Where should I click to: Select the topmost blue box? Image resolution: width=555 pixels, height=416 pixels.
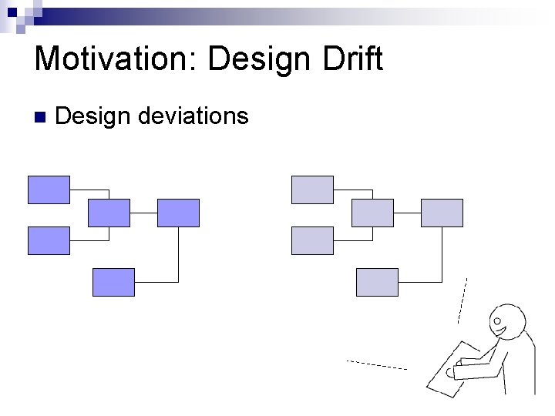coord(49,190)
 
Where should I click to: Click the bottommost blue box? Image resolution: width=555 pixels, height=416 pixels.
coord(113,282)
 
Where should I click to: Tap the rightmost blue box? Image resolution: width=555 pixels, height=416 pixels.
coord(178,213)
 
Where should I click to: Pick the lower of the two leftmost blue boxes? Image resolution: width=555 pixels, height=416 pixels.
coord(49,240)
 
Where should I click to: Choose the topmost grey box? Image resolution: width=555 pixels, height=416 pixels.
coord(312,190)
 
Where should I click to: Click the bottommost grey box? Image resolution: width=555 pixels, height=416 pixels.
coord(377,282)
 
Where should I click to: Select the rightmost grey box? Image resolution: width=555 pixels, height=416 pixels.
coord(442,213)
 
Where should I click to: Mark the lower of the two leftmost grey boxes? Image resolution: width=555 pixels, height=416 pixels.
coord(312,240)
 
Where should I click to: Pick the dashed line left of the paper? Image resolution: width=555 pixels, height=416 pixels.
coord(377,364)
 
